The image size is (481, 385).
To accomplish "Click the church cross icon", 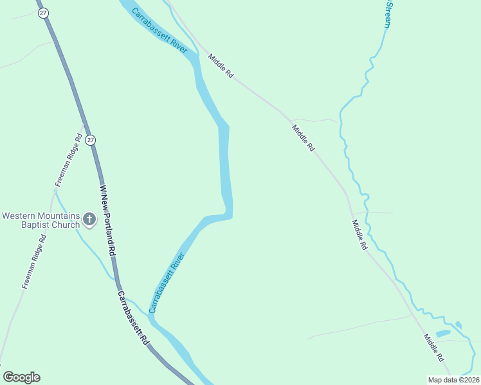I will (x=89, y=220).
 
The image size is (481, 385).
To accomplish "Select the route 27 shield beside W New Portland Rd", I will (x=91, y=139).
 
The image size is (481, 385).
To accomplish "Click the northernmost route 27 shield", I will (x=42, y=13).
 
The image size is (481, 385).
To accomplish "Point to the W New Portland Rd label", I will (x=107, y=221).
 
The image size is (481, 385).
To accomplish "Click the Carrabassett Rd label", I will (x=133, y=319).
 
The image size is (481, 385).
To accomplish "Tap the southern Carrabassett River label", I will (x=167, y=283).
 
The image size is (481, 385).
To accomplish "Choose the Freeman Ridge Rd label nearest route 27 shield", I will (x=69, y=160).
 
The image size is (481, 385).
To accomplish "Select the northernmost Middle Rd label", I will (x=220, y=66).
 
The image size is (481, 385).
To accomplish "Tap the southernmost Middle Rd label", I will (x=434, y=347).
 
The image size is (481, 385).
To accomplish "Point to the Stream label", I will (x=387, y=13).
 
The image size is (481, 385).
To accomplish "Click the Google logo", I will (x=21, y=377).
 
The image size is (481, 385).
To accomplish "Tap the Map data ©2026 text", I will (x=453, y=380).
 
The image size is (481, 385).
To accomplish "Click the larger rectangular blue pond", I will (x=442, y=334).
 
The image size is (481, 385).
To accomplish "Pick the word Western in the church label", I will (x=19, y=216).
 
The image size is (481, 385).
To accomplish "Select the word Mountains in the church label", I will (x=60, y=216).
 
